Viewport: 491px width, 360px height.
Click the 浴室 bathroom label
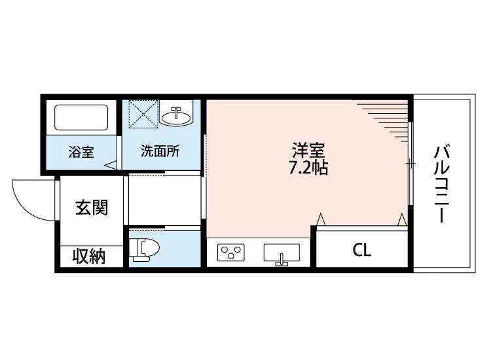click(x=82, y=152)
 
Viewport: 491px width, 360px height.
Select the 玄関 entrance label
click(x=91, y=208)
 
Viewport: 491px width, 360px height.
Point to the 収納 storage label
click(x=88, y=257)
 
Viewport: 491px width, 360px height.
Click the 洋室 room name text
click(x=308, y=149)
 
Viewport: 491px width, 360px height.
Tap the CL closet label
click(x=362, y=250)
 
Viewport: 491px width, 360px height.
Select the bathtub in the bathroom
click(x=81, y=118)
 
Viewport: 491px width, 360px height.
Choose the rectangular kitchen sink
click(x=282, y=252)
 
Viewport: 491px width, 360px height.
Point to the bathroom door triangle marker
click(x=113, y=166)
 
